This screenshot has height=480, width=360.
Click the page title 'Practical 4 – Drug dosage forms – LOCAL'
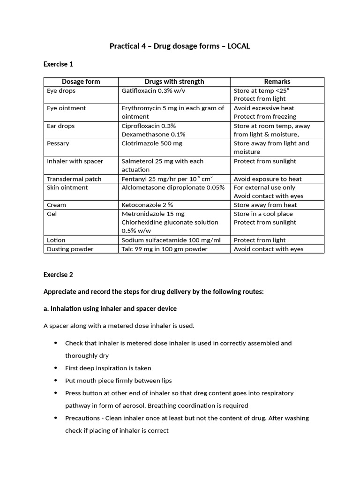click(x=180, y=46)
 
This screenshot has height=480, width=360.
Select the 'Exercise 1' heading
click(x=58, y=64)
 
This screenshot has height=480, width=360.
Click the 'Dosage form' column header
click(x=81, y=82)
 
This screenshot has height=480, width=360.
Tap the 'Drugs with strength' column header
click(x=174, y=82)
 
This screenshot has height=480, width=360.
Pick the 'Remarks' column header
click(x=277, y=82)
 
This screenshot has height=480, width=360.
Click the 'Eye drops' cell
click(x=61, y=90)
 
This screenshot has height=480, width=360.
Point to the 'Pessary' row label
click(x=58, y=143)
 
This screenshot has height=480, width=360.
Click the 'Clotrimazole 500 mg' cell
click(x=152, y=143)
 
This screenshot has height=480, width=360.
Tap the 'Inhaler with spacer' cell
click(x=75, y=161)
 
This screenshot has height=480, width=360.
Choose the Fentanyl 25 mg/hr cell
click(x=167, y=179)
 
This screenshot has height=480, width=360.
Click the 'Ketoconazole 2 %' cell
click(x=147, y=205)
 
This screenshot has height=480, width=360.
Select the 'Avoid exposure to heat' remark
click(x=268, y=179)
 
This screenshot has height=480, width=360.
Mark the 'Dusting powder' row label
click(x=70, y=249)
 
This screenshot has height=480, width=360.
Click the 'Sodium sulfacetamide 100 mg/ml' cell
click(x=171, y=240)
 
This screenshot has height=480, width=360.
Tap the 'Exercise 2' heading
click(x=58, y=275)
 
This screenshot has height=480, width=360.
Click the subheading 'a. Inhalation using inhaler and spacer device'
click(x=110, y=308)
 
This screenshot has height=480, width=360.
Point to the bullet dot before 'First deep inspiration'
click(x=56, y=368)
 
